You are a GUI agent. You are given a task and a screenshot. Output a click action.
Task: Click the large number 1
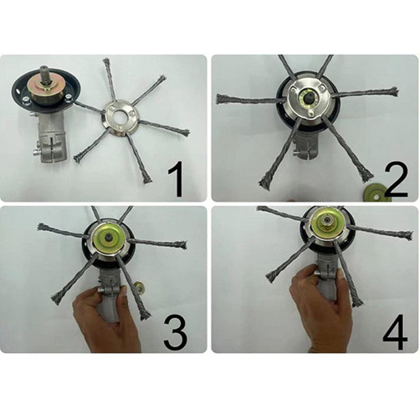pos(176,179)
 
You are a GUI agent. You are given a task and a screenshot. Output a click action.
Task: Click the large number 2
pos(395,179)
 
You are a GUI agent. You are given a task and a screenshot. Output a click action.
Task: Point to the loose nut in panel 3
pos(140,287)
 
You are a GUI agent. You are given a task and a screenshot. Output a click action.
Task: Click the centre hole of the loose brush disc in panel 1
pos(117,117)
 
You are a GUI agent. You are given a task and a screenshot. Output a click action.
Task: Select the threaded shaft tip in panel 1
pos(44,72)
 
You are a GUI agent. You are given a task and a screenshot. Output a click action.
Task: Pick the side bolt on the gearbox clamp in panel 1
pos(35,153)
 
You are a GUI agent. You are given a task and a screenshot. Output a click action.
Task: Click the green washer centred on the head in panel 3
pos(108,236)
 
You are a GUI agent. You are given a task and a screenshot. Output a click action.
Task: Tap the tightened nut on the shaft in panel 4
pos(327,221)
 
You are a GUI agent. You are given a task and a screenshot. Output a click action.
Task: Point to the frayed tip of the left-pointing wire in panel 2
pos(222,99)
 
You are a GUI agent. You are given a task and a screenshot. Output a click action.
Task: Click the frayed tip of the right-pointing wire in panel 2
pos(394,92)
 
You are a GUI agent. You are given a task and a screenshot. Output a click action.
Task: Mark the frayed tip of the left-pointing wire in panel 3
pos(42,227)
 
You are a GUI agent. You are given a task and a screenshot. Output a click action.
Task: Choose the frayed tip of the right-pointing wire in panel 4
pos(407,236)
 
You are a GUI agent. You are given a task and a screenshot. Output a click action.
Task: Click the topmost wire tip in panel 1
pos(106,62)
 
